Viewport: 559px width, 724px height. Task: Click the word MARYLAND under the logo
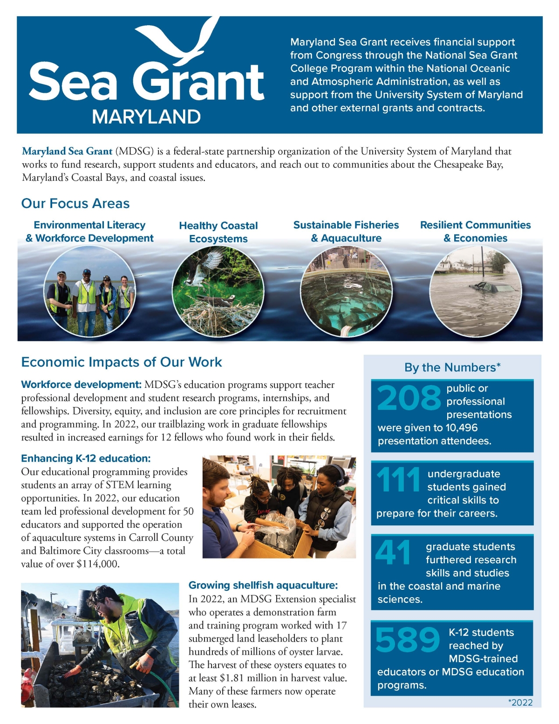tap(146, 117)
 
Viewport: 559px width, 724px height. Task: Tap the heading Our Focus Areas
tap(75, 203)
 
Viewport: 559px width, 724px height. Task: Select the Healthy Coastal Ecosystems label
tap(218, 232)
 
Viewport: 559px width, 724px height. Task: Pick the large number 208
tap(409, 398)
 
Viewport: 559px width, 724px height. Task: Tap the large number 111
tap(398, 480)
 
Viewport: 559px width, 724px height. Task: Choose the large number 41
tap(393, 552)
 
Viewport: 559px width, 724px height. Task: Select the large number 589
tap(407, 640)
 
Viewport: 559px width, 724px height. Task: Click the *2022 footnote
tap(520, 703)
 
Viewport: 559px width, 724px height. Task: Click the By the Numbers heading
tap(452, 367)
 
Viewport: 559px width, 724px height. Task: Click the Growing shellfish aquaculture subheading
tap(263, 585)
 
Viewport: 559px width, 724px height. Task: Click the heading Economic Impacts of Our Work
tap(122, 362)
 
